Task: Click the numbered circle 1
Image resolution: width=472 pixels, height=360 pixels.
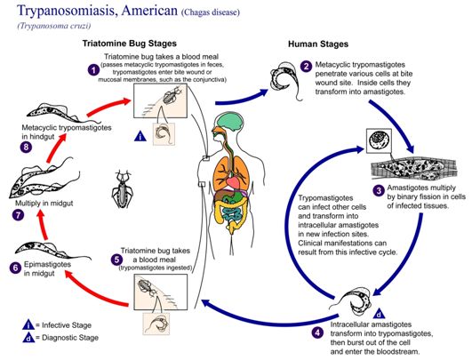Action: (x=93, y=70)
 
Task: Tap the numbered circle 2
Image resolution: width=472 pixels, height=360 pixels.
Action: (x=306, y=66)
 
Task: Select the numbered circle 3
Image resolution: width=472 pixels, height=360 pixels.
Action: (x=379, y=190)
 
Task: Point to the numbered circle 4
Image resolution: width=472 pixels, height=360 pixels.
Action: (x=317, y=332)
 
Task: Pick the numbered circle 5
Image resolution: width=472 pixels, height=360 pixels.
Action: (x=116, y=260)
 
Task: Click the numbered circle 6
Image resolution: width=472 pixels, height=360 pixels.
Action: (x=15, y=268)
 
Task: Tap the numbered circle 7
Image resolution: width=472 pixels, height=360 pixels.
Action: (x=18, y=215)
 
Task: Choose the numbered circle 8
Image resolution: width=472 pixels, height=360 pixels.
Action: (x=26, y=147)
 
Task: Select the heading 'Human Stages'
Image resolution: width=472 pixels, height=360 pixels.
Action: (x=318, y=44)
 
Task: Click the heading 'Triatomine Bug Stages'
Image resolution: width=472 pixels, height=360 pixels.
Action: (x=130, y=44)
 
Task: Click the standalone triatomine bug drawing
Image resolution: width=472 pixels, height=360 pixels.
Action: (x=122, y=189)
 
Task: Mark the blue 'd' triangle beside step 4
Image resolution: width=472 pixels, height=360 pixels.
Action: (x=379, y=314)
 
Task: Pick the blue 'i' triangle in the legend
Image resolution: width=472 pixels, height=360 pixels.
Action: (x=28, y=325)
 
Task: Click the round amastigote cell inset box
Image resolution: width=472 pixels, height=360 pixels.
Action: (x=379, y=140)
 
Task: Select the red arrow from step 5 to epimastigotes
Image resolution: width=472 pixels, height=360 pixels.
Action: (x=96, y=291)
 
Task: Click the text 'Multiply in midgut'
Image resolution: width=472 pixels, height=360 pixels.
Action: (x=44, y=204)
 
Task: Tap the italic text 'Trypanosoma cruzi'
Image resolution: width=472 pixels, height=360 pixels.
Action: (x=54, y=26)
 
